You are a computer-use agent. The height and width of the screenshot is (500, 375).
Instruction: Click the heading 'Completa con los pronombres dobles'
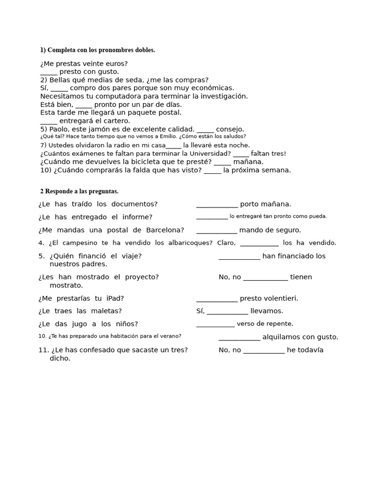(x=98, y=50)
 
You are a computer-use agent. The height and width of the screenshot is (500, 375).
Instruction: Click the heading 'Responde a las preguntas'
(x=79, y=191)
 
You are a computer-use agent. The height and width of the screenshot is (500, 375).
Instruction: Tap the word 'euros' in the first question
(x=117, y=63)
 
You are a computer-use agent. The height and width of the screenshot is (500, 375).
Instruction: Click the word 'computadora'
(x=113, y=96)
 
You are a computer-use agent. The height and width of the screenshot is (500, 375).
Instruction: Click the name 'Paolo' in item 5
(x=59, y=129)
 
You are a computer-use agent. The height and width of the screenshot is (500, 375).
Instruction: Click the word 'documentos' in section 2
(x=134, y=204)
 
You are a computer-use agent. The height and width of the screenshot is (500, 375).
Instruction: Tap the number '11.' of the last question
(x=43, y=350)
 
